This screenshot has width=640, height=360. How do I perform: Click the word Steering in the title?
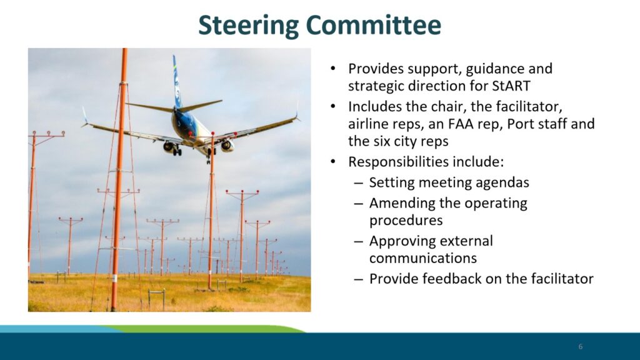point(249,25)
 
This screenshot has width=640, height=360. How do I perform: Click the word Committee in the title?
point(374,24)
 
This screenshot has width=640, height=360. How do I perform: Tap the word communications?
point(423,258)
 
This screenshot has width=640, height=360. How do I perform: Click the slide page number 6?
point(581,346)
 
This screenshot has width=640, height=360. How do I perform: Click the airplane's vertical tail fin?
point(176,82)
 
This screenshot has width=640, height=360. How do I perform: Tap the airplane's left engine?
point(169,147)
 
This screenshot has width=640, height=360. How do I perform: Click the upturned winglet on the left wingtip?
point(84,115)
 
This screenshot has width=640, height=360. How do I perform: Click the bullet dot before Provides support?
point(334,68)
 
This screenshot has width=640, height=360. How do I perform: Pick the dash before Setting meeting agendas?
point(358,183)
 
